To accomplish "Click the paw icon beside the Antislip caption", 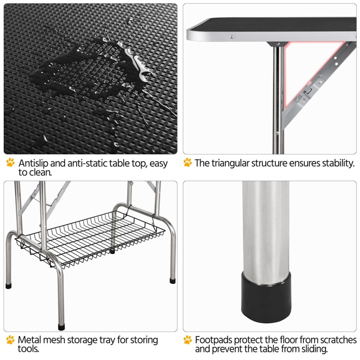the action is [x=10, y=162].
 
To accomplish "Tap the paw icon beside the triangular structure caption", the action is [x=188, y=162].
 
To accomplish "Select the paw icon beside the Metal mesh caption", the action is [x=10, y=339].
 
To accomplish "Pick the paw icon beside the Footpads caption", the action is [x=188, y=339].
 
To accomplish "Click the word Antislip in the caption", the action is [x=33, y=163].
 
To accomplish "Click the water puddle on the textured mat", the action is [x=90, y=69].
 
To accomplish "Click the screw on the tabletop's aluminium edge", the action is [x=232, y=37].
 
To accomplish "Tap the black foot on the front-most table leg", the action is [x=61, y=327].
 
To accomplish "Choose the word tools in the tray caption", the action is [x=28, y=349].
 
